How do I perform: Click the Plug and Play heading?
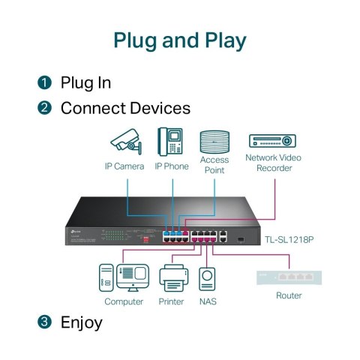[180, 40]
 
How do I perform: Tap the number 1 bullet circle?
[45, 81]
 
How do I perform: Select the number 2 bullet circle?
[45, 108]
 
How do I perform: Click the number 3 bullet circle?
[45, 322]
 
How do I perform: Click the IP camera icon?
[124, 141]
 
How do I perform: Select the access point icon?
[214, 140]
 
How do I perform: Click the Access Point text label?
[214, 165]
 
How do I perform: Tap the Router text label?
[288, 295]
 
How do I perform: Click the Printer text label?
[172, 302]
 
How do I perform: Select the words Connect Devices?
[125, 108]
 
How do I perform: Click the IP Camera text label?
[124, 166]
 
